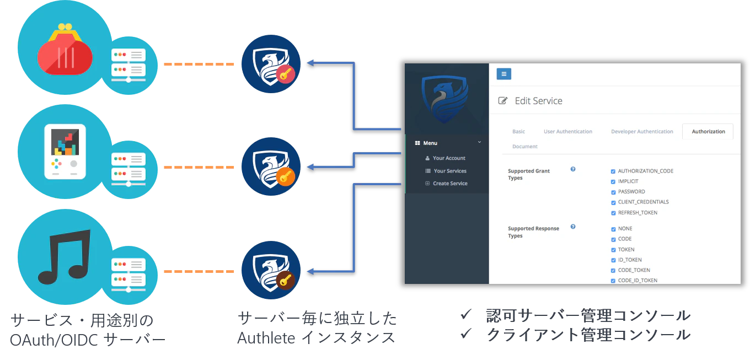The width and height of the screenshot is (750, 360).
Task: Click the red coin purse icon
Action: (65, 50)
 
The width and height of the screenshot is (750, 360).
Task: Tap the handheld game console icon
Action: (65, 151)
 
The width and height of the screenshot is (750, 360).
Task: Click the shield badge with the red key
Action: (271, 63)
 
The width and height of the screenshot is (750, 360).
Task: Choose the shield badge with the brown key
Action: (271, 271)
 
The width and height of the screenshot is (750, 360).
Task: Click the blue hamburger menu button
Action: (503, 74)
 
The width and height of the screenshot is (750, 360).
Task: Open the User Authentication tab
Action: (567, 132)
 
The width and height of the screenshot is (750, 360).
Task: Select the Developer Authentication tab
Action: (642, 132)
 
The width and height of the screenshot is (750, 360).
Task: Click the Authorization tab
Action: (708, 132)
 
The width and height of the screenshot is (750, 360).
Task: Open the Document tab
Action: (524, 147)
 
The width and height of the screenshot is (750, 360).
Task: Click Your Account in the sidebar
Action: (449, 158)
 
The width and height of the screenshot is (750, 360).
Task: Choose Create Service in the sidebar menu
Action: (450, 184)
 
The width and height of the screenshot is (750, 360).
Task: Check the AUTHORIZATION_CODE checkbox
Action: (613, 171)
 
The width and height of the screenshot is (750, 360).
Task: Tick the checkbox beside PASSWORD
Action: (613, 192)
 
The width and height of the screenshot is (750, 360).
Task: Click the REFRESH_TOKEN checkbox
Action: (613, 213)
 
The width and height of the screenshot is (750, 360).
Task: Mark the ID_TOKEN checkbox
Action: (613, 260)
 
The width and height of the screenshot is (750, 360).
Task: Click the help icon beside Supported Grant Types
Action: (573, 169)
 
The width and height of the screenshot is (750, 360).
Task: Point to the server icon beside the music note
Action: (128, 272)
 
